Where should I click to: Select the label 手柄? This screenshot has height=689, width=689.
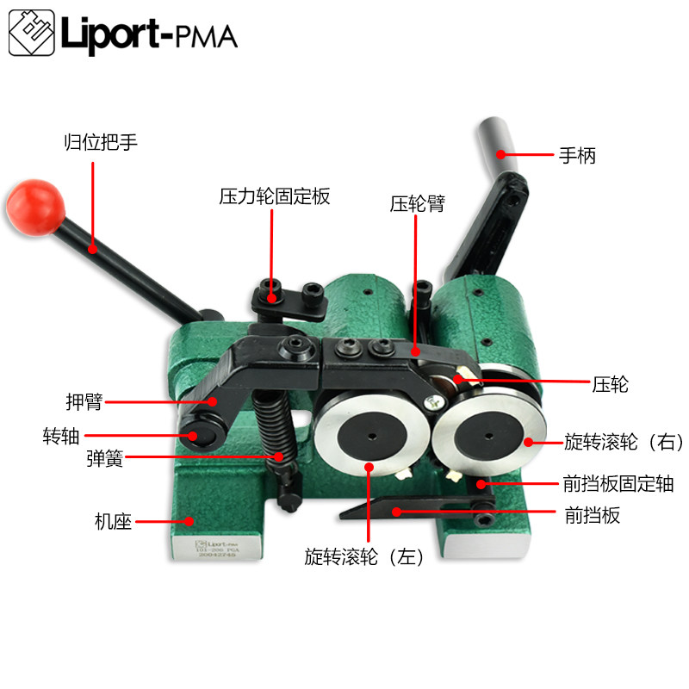pos(577,156)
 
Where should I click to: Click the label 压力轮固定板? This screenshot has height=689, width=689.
pos(274,197)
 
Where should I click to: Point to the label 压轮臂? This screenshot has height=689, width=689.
pos(416,204)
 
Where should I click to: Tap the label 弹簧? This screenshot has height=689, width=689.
pos(104,459)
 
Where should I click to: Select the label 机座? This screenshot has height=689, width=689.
pos(112,521)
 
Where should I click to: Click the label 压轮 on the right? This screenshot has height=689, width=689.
pos(610,384)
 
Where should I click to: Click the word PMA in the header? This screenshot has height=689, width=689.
pos(206,37)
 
